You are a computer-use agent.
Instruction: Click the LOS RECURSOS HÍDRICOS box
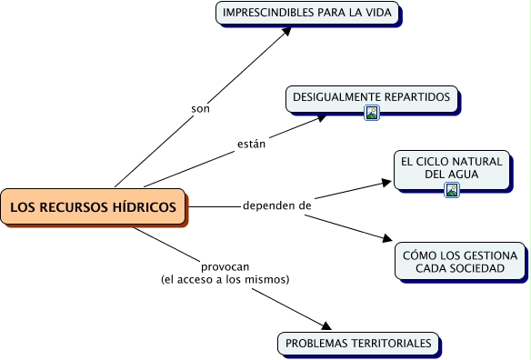pyautogui.click(x=93, y=207)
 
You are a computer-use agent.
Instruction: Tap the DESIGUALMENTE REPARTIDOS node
pyautogui.click(x=371, y=97)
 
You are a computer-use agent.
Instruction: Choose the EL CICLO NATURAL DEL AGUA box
pyautogui.click(x=451, y=167)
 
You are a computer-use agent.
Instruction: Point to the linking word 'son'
pyautogui.click(x=200, y=109)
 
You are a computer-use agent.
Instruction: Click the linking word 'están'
pyautogui.click(x=251, y=144)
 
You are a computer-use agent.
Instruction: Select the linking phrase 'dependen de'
pyautogui.click(x=277, y=206)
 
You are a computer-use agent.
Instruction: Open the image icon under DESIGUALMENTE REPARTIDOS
pyautogui.click(x=371, y=113)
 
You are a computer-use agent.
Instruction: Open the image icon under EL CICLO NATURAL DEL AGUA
pyautogui.click(x=452, y=190)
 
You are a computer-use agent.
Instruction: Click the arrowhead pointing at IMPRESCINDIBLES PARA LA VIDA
pyautogui.click(x=286, y=31)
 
